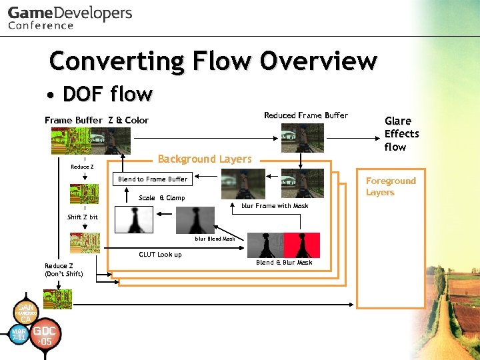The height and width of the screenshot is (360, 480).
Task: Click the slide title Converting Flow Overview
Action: (213, 61)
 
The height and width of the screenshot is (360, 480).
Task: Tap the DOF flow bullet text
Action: (107, 94)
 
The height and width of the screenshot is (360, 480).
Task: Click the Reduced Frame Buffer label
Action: (305, 115)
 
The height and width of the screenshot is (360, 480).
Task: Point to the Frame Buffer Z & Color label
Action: (97, 120)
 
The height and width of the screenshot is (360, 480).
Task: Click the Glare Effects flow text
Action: (401, 133)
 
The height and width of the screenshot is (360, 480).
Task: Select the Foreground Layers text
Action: (390, 187)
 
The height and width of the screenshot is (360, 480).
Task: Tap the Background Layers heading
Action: (205, 159)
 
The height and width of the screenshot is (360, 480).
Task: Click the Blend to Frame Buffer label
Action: (153, 179)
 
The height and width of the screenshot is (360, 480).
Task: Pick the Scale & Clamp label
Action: (161, 198)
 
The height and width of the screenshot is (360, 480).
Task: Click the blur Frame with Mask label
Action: (275, 206)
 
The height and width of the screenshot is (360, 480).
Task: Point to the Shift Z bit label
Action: (83, 217)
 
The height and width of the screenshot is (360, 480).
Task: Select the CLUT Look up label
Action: (160, 254)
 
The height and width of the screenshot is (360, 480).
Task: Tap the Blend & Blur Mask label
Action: (284, 263)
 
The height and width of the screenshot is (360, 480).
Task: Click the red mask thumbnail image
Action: (301, 245)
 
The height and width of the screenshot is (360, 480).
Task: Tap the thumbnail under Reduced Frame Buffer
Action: (302, 138)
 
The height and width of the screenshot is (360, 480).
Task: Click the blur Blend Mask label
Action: (215, 238)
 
